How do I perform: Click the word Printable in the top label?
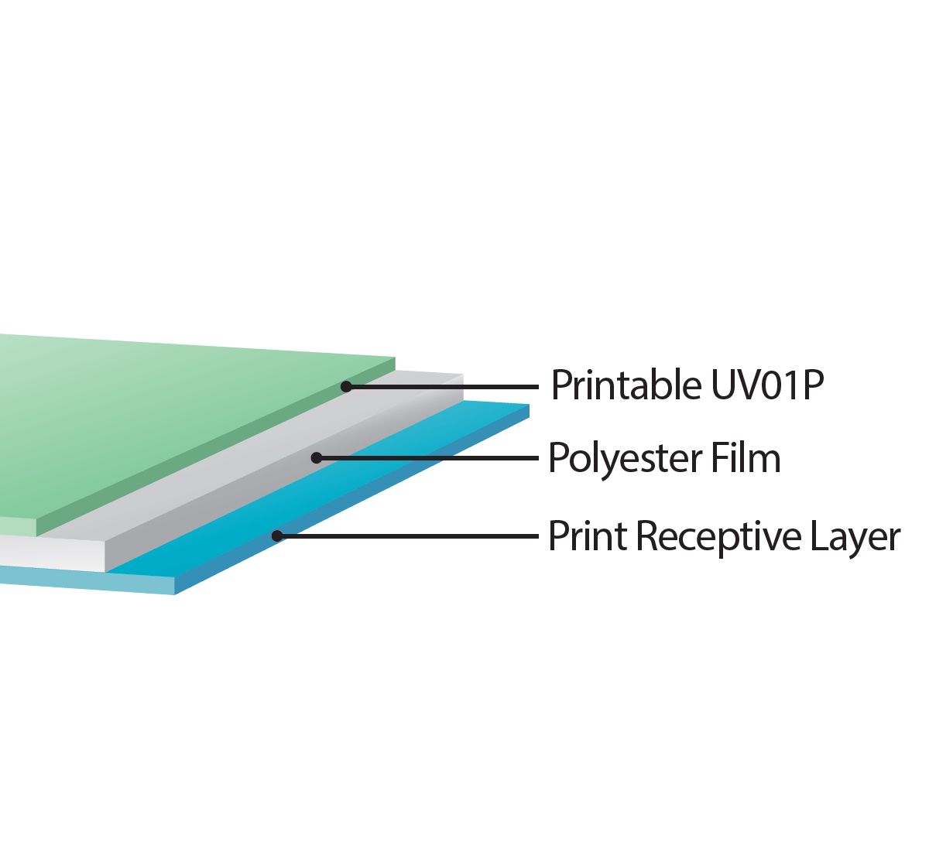click(x=626, y=385)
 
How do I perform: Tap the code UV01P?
click(x=767, y=385)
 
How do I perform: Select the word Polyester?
click(x=625, y=459)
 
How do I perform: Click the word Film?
click(x=746, y=457)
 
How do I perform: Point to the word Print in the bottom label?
click(x=588, y=536)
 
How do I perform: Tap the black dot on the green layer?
click(x=346, y=387)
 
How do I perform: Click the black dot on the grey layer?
click(x=317, y=458)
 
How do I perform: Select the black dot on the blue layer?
click(x=277, y=536)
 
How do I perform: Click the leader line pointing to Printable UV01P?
click(x=443, y=387)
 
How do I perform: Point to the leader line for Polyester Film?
click(x=427, y=458)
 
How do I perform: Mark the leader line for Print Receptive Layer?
click(x=408, y=536)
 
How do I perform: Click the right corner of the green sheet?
click(x=396, y=358)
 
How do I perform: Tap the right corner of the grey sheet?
click(x=463, y=375)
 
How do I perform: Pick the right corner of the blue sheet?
click(x=529, y=405)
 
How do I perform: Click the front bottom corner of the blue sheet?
click(x=174, y=595)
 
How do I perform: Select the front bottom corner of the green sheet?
click(x=36, y=536)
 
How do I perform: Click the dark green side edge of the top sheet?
click(x=216, y=447)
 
